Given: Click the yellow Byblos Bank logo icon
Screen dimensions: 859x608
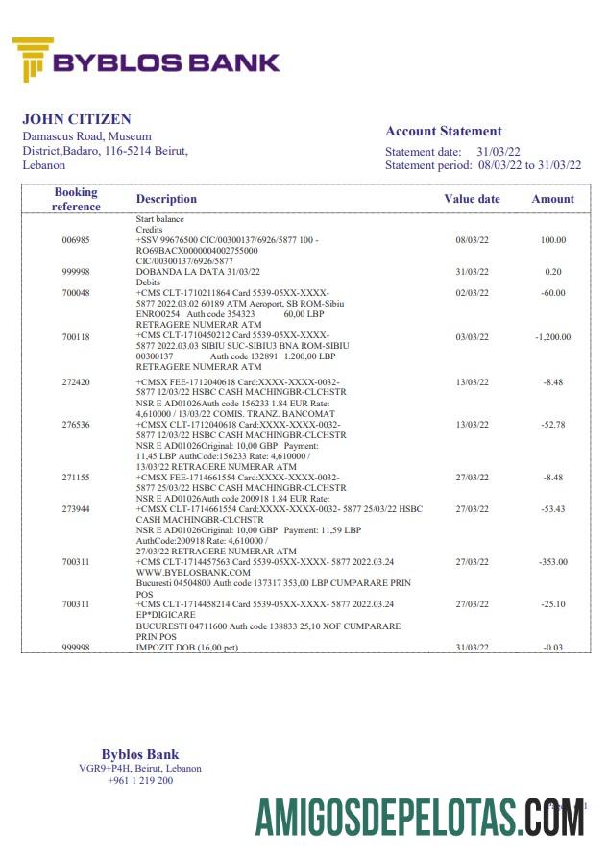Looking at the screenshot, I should coord(33,60).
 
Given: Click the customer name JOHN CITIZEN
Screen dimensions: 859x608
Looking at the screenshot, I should coord(77,120).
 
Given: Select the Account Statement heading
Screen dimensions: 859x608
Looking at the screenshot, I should coord(443,132).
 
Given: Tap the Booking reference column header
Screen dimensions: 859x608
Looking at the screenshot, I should coord(76,199).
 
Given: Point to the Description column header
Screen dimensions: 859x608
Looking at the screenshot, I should coord(166,199).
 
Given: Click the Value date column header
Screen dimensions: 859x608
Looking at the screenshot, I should coord(472,199).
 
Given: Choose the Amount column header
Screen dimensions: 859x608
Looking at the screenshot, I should coord(552,199).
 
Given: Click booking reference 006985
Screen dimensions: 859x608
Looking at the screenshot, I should coord(76,240).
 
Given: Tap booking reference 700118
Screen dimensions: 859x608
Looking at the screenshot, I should coord(76,337).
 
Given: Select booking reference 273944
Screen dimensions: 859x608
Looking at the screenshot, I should coord(76,509).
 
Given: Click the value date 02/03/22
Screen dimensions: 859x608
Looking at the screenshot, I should coord(472,293).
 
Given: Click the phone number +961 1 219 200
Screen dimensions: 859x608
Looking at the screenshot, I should coord(140,781).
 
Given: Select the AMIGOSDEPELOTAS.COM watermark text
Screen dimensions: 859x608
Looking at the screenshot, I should coord(420,818).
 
